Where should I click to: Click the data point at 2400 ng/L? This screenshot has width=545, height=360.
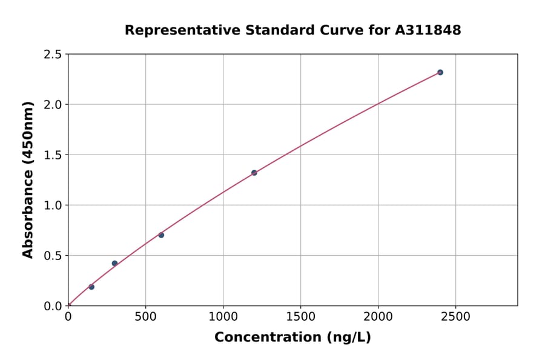tap(440, 72)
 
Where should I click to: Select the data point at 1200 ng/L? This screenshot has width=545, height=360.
tap(254, 173)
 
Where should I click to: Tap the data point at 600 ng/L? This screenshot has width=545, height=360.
tap(161, 235)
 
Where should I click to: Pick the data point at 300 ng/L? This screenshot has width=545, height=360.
tap(114, 263)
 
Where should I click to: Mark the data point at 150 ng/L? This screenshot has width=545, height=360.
tap(91, 287)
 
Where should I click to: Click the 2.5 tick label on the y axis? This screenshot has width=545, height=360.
tap(53, 55)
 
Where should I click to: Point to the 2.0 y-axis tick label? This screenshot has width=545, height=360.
tap(53, 105)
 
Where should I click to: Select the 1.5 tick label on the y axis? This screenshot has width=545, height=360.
tap(53, 155)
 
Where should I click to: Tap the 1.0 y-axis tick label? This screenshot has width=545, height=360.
tap(53, 205)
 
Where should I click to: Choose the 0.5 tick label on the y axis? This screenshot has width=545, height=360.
tap(53, 256)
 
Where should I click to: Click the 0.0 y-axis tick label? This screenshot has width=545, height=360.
tap(53, 306)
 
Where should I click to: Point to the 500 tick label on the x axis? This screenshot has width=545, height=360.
tap(145, 317)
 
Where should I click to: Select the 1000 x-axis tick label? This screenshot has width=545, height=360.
tap(223, 317)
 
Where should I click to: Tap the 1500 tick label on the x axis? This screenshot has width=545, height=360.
tap(300, 317)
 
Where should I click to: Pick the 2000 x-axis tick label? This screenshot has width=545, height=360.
tap(378, 317)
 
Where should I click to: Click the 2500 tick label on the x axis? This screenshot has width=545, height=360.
tap(456, 317)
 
